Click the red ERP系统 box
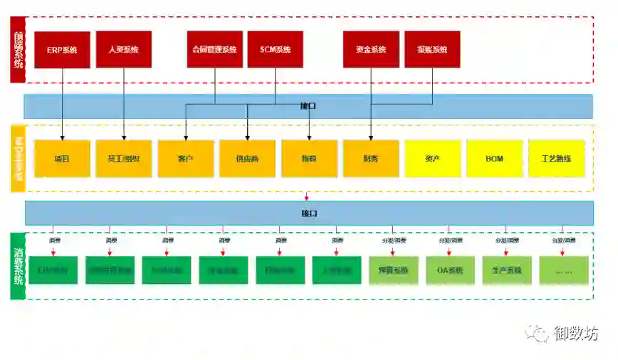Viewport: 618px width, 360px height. [62, 50]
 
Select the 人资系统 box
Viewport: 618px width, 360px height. [124, 50]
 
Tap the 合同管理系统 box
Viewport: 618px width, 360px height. [214, 50]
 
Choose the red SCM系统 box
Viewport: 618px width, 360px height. [276, 50]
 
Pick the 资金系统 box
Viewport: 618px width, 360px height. [371, 50]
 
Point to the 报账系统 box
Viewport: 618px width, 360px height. [432, 50]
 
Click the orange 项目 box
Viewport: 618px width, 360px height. [62, 159]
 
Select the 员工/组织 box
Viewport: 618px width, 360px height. [124, 159]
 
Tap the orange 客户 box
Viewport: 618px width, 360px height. [186, 159]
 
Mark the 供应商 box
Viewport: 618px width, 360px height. [247, 159]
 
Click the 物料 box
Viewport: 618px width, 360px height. [309, 159]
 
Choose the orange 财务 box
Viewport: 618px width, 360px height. [371, 159]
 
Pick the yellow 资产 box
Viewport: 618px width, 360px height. [432, 159]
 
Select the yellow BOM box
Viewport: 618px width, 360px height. [494, 159]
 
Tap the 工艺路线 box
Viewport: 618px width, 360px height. [556, 159]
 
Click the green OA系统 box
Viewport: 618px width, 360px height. [449, 270]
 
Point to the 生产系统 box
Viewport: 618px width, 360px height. [506, 270]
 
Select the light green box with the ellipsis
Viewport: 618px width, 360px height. [563, 270]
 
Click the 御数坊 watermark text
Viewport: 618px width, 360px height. [576, 333]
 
